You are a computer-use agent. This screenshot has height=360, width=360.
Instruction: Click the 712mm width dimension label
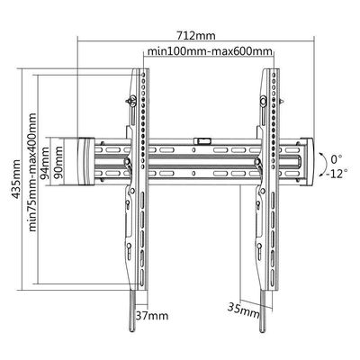[x=196, y=36]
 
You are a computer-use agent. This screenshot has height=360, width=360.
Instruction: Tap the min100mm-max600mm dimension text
[x=210, y=51]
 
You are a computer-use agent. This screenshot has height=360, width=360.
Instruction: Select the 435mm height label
[x=15, y=179]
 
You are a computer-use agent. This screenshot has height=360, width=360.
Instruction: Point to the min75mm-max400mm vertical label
[x=32, y=172]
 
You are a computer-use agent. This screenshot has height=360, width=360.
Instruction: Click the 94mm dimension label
[x=46, y=163]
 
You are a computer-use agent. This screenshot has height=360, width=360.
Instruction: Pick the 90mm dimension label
[x=58, y=162]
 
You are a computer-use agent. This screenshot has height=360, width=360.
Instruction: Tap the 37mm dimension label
[x=152, y=316]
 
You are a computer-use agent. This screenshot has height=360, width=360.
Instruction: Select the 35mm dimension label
[x=243, y=310]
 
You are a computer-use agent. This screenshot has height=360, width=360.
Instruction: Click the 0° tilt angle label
[x=337, y=158]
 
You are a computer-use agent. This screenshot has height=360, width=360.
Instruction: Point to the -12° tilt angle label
[x=337, y=174]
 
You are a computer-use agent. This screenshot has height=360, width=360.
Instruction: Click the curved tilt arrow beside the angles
[x=325, y=164]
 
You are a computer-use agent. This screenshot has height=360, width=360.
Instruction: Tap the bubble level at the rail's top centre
[x=202, y=140]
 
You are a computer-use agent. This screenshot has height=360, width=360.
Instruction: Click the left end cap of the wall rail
[x=86, y=161]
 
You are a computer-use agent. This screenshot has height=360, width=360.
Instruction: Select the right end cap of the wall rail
[x=307, y=161]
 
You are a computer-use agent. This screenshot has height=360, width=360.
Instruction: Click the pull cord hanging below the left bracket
[x=132, y=311]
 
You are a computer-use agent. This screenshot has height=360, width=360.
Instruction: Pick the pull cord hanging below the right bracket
[x=262, y=311]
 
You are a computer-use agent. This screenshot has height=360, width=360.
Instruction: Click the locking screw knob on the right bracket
[x=263, y=100]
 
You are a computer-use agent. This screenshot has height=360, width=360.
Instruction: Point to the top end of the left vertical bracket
[x=140, y=69]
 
